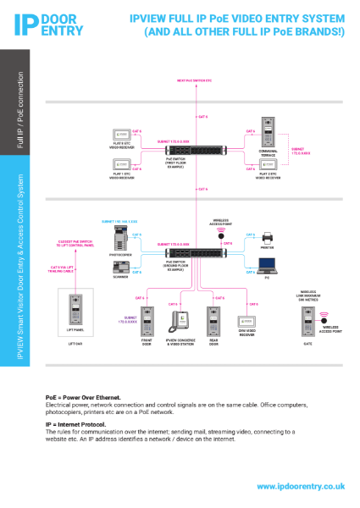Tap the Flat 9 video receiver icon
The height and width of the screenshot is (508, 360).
[x=121, y=135]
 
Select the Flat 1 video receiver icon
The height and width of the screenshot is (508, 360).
[x=121, y=167]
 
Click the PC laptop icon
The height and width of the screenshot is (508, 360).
[x=267, y=265]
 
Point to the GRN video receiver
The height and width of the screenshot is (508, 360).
[x=247, y=322]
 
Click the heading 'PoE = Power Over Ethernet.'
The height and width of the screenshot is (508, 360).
[x=83, y=397]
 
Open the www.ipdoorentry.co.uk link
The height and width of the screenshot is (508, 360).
[x=300, y=487]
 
